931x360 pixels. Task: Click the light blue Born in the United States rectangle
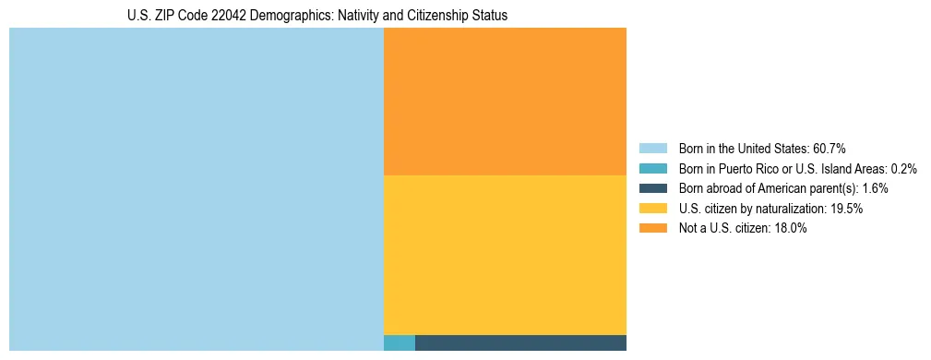click(x=196, y=189)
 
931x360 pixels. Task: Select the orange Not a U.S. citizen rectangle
click(x=505, y=101)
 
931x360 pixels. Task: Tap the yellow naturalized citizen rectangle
click(x=505, y=255)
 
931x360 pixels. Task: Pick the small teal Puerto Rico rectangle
click(x=399, y=343)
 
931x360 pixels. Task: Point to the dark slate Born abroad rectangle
click(x=520, y=343)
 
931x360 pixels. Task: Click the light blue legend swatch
click(x=652, y=148)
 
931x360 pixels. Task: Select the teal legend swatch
click(x=652, y=168)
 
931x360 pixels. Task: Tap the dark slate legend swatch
click(x=652, y=188)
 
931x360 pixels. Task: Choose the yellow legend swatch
click(x=652, y=209)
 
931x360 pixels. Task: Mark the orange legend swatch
click(x=652, y=229)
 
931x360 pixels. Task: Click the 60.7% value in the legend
click(x=830, y=148)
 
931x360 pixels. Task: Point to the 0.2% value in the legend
click(x=904, y=168)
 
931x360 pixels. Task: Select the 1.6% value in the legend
click(x=875, y=188)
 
